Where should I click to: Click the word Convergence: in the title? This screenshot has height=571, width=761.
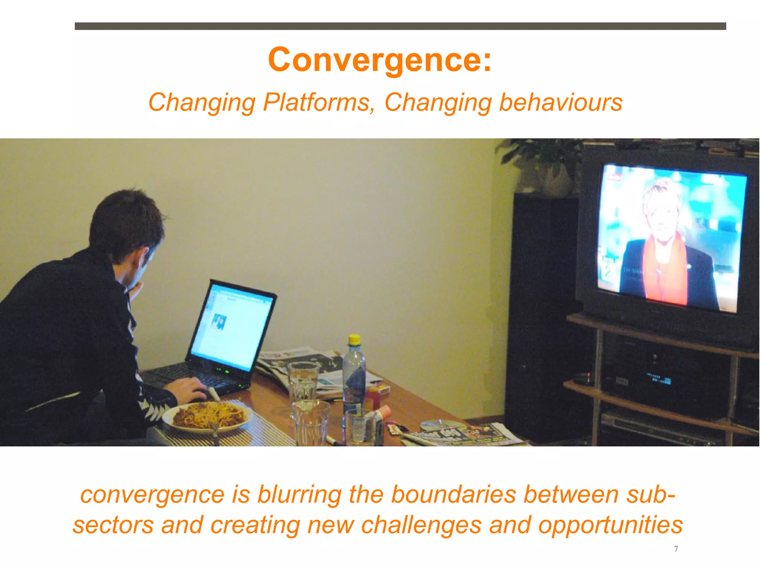click(x=380, y=60)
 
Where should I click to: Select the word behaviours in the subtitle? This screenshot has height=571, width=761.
click(x=560, y=102)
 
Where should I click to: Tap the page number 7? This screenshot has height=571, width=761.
click(x=676, y=549)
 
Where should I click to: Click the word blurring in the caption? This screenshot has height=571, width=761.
click(x=299, y=495)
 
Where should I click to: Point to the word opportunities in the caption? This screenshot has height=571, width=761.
click(x=610, y=525)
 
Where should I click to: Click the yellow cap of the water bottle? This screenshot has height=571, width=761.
click(x=354, y=339)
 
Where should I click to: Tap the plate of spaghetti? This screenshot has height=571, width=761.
click(x=208, y=416)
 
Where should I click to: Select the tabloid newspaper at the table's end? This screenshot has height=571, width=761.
click(x=464, y=435)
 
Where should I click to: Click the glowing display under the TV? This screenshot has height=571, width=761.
click(x=660, y=379)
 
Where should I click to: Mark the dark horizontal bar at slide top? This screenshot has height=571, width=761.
click(x=400, y=26)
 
